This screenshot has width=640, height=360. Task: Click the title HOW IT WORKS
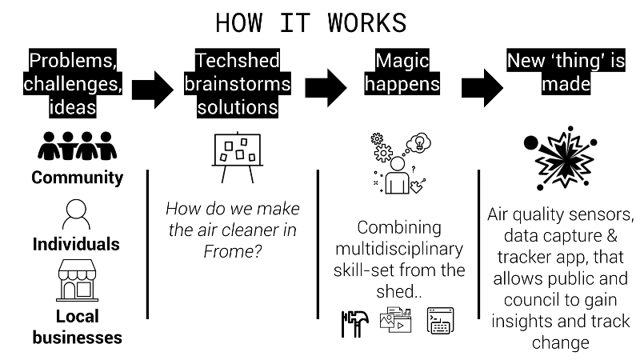(x=311, y=22)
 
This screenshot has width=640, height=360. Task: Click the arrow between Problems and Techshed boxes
(x=152, y=88)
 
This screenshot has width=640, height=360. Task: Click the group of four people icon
(x=77, y=146)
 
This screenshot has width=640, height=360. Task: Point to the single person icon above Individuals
(x=77, y=214)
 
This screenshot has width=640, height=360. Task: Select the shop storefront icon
(x=77, y=279)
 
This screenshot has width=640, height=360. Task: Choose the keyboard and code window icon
(x=441, y=322)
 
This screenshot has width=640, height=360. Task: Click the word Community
(x=77, y=178)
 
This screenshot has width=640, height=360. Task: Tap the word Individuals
(x=77, y=244)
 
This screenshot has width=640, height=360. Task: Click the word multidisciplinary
(x=398, y=249)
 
